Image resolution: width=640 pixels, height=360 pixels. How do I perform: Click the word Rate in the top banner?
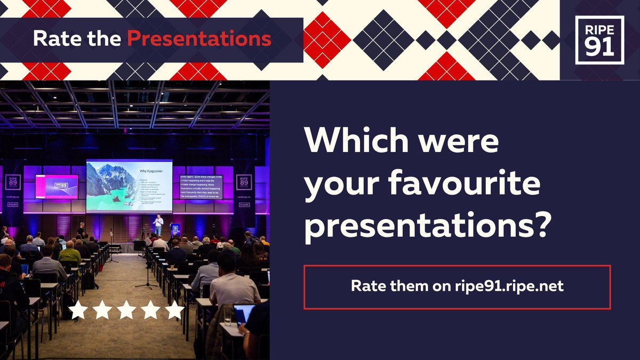[51, 38]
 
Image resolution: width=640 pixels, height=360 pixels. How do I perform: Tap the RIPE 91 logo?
[599, 40]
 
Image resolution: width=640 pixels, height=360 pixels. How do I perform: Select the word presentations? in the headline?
[427, 227]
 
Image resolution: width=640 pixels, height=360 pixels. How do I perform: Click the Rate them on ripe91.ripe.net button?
[457, 286]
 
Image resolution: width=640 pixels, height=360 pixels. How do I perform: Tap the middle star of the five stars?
[126, 310]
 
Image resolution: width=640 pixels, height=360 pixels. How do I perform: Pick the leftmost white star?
[78, 310]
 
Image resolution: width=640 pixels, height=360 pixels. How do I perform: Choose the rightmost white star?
[174, 310]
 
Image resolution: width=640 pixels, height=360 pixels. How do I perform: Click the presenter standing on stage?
[158, 225]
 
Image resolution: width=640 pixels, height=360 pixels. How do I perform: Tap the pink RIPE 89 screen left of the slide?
[57, 187]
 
